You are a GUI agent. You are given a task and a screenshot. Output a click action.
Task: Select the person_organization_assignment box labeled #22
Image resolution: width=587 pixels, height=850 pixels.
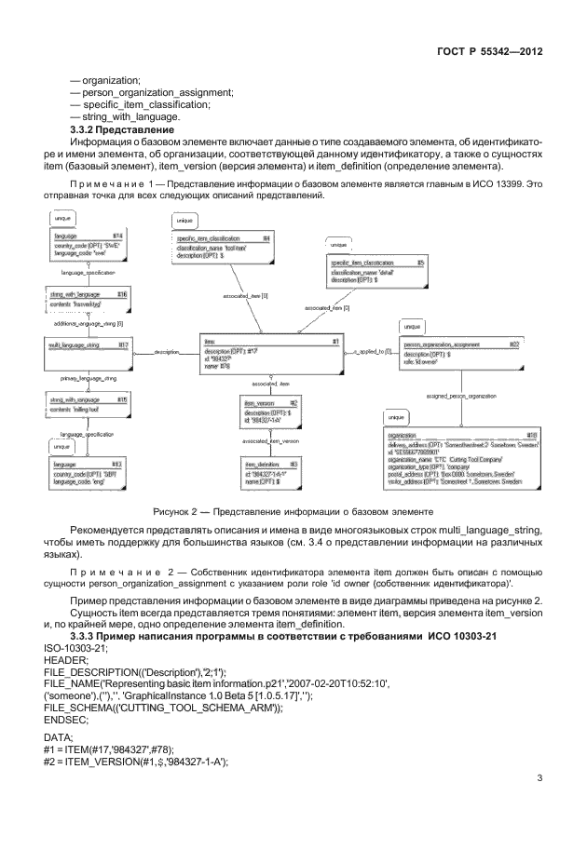click(x=459, y=355)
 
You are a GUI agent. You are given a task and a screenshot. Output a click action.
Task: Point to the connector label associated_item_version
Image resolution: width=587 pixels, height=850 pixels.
click(x=270, y=439)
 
